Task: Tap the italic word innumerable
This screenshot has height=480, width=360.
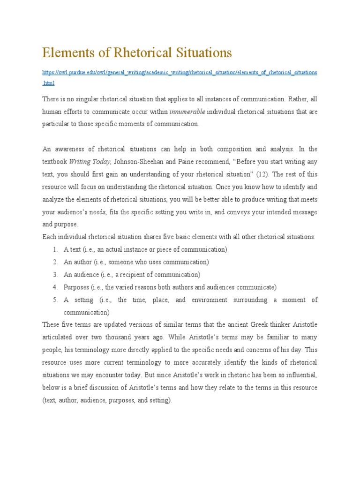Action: tap(187, 112)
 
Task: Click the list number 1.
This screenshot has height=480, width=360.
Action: tap(55, 250)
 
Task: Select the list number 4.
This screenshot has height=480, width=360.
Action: tap(55, 287)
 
